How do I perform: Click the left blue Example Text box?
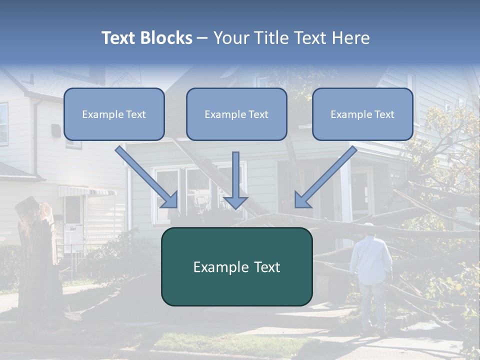click(114, 114)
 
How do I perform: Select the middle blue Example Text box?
click(236, 114)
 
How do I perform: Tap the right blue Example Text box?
click(362, 114)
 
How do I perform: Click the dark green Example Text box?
click(236, 267)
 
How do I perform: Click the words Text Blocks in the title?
click(146, 38)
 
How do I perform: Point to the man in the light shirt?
click(370, 260)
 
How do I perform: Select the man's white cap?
click(369, 226)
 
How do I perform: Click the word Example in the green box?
click(216, 267)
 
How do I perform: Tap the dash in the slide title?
click(202, 38)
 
